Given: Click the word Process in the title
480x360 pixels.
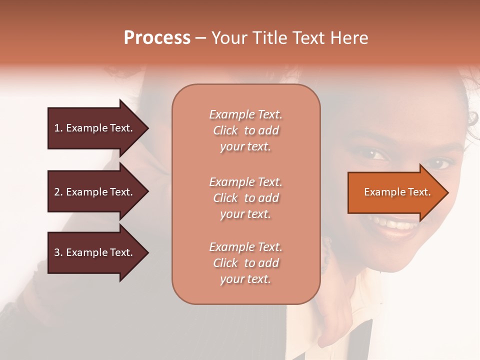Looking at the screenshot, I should pyautogui.click(x=157, y=38).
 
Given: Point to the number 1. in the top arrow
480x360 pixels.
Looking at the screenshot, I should pyautogui.click(x=58, y=128).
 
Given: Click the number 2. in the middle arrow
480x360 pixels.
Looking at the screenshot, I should pyautogui.click(x=58, y=192).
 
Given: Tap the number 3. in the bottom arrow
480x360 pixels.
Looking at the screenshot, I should pyautogui.click(x=58, y=252).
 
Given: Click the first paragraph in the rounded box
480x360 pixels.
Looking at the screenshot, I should pyautogui.click(x=245, y=130).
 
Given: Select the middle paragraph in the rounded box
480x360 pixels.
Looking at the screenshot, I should pyautogui.click(x=245, y=198).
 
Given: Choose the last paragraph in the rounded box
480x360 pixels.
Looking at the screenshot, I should pyautogui.click(x=245, y=263).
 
